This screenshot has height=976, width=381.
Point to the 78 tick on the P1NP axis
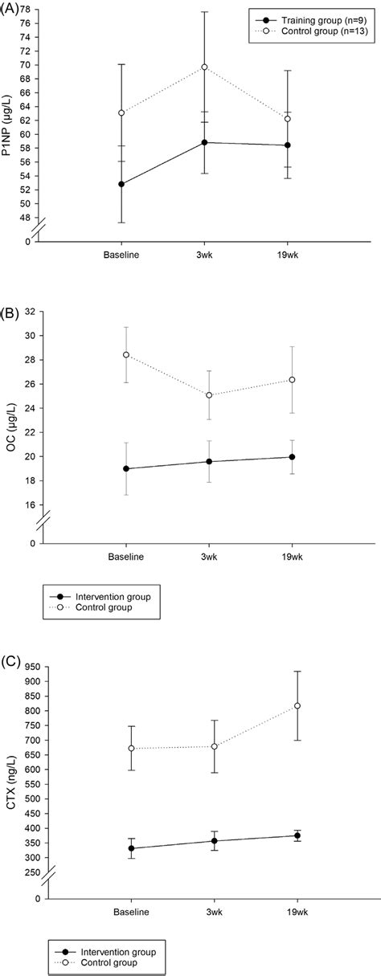tap(35, 9)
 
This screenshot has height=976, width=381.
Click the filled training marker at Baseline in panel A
tap(121, 184)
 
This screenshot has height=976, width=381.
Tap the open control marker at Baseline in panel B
tap(126, 354)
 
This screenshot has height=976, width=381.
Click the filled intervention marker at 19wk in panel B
tap(292, 457)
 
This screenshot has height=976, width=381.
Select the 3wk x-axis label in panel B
tap(209, 557)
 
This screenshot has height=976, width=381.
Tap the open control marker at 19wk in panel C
tap(297, 705)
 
